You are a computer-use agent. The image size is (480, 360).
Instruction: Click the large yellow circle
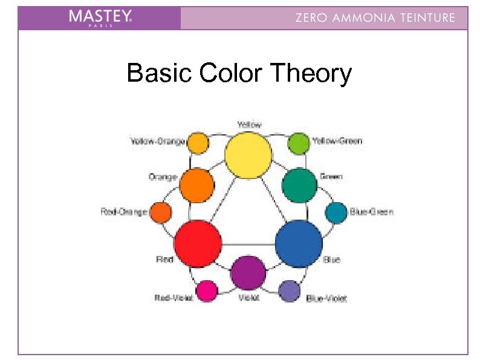(x=248, y=155)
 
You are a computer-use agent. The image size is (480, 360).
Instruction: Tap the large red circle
(x=198, y=243)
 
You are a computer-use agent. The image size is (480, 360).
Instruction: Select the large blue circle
(x=299, y=243)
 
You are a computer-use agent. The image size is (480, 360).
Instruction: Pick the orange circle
(x=196, y=185)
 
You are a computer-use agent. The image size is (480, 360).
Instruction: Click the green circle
(x=299, y=185)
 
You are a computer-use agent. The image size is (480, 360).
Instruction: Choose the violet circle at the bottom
(x=248, y=273)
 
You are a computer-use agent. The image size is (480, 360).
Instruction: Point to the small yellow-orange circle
(x=198, y=143)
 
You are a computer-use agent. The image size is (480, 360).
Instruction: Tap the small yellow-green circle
(x=298, y=143)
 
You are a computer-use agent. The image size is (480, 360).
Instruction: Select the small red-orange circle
(x=160, y=212)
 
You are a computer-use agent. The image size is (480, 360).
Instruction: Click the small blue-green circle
(x=336, y=212)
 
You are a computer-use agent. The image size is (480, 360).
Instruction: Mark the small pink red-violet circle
(x=207, y=291)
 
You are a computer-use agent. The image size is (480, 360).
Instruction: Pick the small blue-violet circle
(x=290, y=291)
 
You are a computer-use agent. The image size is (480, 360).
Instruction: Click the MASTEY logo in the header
(x=100, y=18)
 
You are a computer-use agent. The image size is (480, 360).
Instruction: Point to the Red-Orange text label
(x=124, y=212)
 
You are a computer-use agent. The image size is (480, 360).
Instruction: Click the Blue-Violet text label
(x=326, y=298)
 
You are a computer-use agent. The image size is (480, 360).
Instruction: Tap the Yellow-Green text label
(x=337, y=141)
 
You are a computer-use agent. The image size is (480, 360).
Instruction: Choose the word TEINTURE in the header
(x=427, y=18)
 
